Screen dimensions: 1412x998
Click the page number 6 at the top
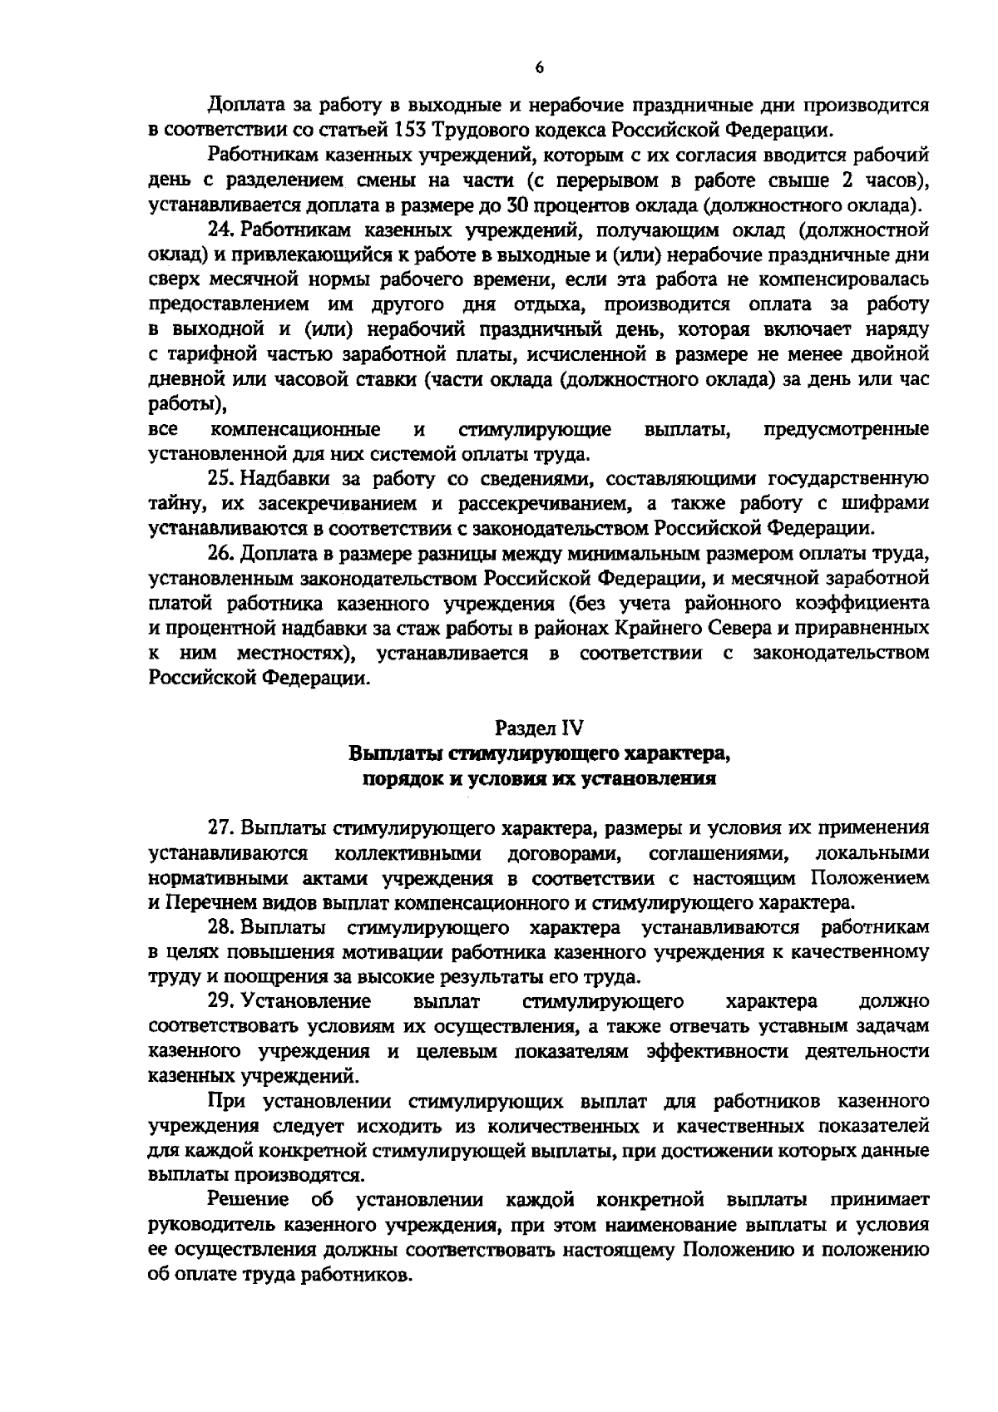[539, 69]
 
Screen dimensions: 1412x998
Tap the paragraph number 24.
[220, 229]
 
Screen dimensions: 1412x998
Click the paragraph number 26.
[220, 553]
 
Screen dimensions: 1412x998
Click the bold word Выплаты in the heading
[397, 754]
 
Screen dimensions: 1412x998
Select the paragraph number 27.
[220, 828]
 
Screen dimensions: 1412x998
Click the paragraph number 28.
[220, 927]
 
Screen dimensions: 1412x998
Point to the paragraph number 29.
[220, 1001]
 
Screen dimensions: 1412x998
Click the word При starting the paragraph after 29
[226, 1101]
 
